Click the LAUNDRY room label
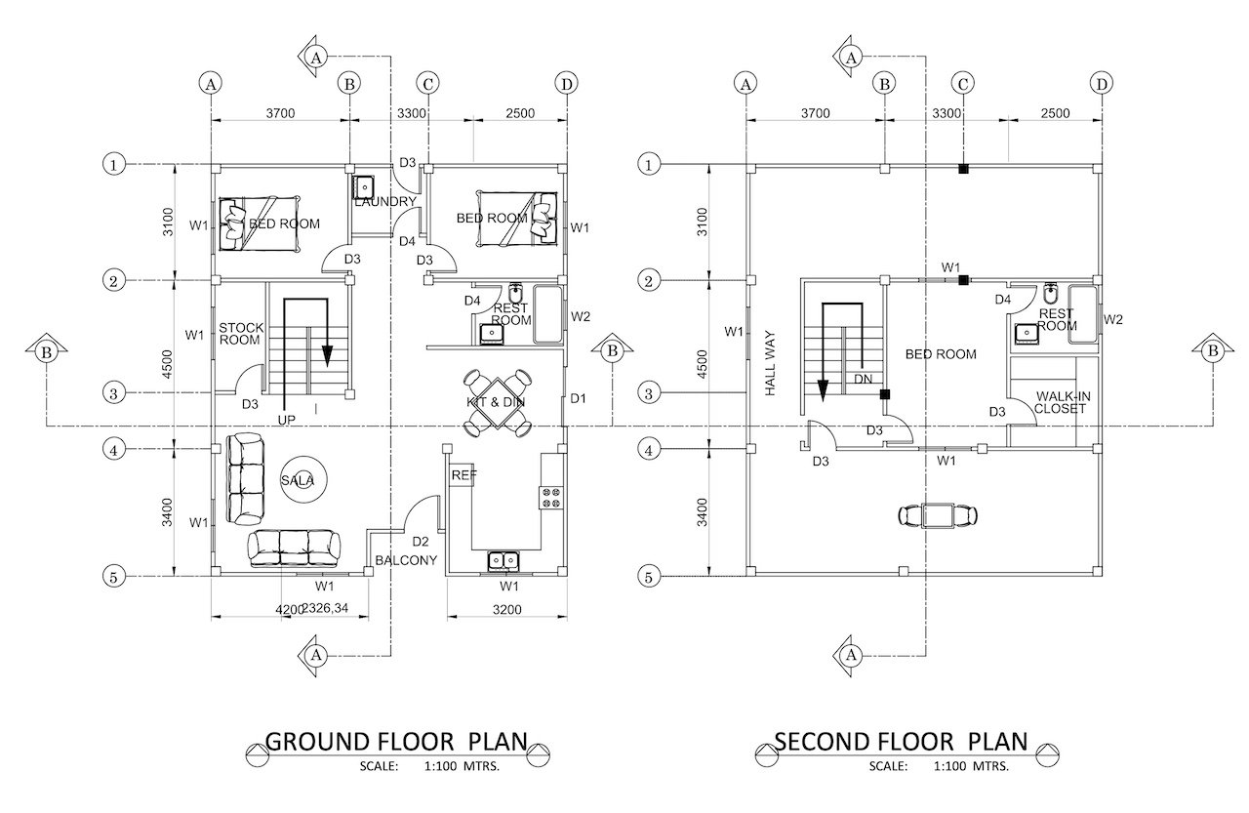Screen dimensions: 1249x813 (385, 201)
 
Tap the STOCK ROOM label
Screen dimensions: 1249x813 (240, 334)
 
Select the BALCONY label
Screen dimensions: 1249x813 (406, 560)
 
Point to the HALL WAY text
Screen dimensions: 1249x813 (770, 364)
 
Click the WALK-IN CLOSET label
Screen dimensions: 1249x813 (1062, 403)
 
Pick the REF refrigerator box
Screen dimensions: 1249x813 (463, 475)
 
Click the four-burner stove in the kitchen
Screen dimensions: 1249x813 (551, 497)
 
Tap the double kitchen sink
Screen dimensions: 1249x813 (504, 560)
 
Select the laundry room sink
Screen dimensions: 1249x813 (364, 185)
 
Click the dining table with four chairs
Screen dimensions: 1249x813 (497, 403)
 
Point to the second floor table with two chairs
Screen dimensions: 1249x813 (938, 515)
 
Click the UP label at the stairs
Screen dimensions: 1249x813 (287, 420)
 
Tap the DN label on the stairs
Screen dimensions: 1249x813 (864, 380)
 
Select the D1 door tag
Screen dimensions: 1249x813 (579, 399)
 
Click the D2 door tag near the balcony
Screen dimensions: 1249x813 (421, 542)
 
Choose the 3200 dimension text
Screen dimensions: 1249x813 (506, 609)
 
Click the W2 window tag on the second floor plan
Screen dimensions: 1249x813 (1113, 319)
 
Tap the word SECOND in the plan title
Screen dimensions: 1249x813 (823, 742)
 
